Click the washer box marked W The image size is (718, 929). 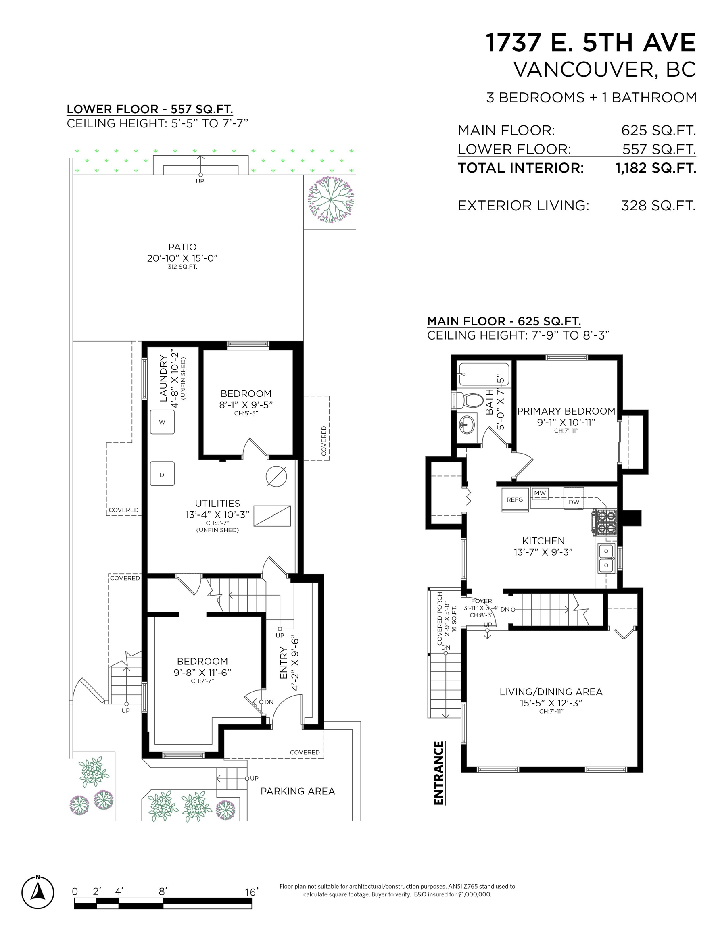(x=162, y=422)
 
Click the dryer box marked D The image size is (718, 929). (x=162, y=474)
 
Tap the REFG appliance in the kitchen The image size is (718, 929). (x=515, y=500)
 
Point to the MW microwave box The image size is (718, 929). (x=540, y=493)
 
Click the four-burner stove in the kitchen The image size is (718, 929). (x=603, y=522)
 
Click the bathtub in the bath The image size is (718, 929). (x=484, y=374)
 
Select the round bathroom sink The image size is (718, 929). (x=468, y=424)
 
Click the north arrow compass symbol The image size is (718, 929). (x=38, y=892)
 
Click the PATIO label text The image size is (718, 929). (x=182, y=247)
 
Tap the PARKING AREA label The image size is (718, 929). (x=298, y=791)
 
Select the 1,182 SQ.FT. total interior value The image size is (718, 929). (x=655, y=168)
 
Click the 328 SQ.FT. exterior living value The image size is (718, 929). (x=658, y=206)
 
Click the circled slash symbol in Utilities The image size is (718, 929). (x=276, y=476)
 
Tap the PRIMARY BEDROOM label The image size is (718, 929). (x=566, y=411)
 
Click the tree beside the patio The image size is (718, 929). (x=331, y=200)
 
